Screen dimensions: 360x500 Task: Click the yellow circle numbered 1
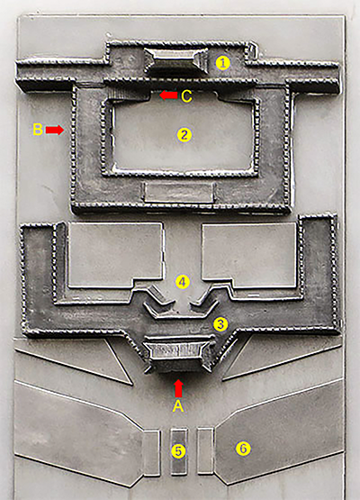pyautogui.click(x=222, y=63)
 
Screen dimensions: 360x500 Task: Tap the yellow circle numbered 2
pyautogui.click(x=184, y=135)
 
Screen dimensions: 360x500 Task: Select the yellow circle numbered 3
pyautogui.click(x=220, y=324)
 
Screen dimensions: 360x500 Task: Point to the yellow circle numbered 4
pyautogui.click(x=183, y=282)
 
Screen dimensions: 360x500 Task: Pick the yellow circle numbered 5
pyautogui.click(x=178, y=451)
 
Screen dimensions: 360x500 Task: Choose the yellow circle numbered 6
pyautogui.click(x=243, y=449)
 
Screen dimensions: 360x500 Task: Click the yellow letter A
pyautogui.click(x=178, y=406)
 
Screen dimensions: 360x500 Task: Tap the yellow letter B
pyautogui.click(x=38, y=130)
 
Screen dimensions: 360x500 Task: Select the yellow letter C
pyautogui.click(x=186, y=96)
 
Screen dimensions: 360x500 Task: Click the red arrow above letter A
pyautogui.click(x=179, y=388)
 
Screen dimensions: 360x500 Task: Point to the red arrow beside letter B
pyautogui.click(x=55, y=130)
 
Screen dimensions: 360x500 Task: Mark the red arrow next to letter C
pyautogui.click(x=168, y=95)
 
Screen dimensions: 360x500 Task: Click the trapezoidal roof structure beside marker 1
pyautogui.click(x=176, y=59)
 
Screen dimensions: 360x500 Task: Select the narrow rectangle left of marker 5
pyautogui.click(x=150, y=453)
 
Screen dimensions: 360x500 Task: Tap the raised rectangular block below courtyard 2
pyautogui.click(x=179, y=193)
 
